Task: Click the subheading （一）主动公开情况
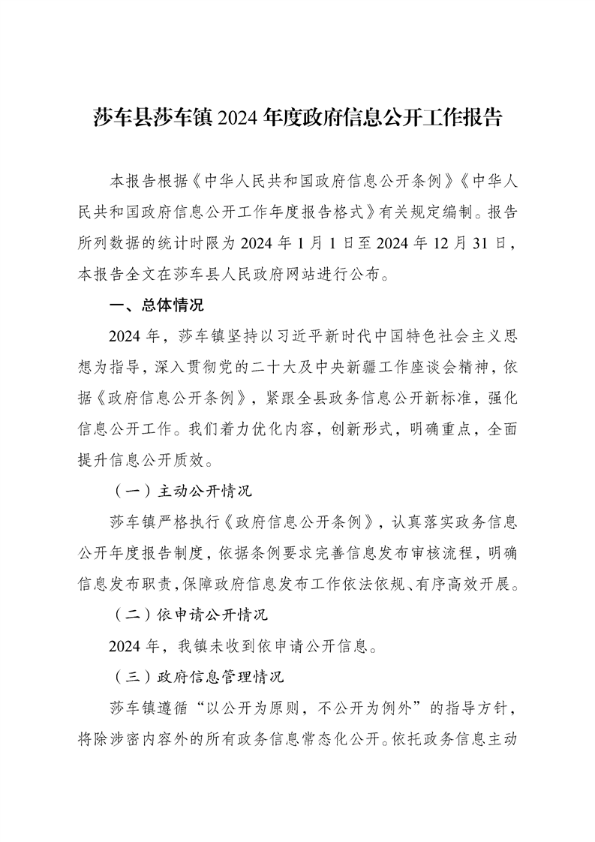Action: pyautogui.click(x=183, y=492)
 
